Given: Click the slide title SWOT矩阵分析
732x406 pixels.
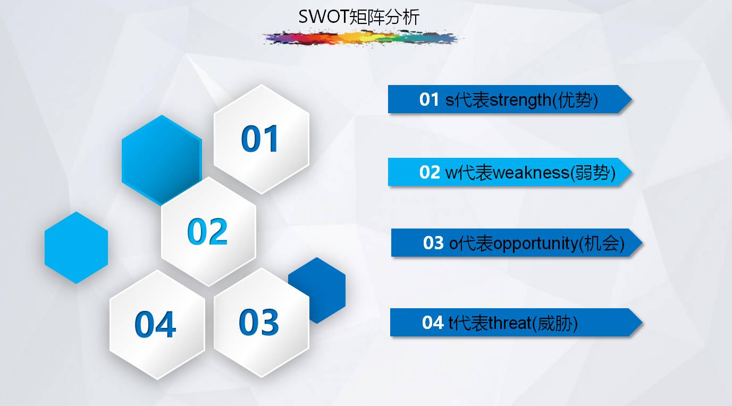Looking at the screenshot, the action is coord(359,17).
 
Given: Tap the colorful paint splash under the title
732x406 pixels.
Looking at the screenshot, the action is coord(362,38).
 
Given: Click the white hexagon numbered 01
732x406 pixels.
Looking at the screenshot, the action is coord(262,139).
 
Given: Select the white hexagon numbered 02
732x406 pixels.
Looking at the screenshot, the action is coord(208,232).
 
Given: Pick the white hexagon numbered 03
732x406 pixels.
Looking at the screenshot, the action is coord(262,323).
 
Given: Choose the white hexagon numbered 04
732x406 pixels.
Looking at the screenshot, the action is coord(157,325).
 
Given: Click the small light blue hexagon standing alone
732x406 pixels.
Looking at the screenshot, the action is coord(76,248).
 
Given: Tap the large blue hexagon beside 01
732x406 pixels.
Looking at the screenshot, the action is coord(162,160).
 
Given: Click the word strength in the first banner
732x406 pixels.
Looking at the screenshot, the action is coord(520,100).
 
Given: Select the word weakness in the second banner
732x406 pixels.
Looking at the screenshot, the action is coord(531,173).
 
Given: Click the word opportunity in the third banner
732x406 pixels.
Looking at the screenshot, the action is coord(535,244).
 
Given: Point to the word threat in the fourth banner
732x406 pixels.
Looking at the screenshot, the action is coord(510,323).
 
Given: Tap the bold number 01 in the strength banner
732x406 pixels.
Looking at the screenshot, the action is coord(429,99).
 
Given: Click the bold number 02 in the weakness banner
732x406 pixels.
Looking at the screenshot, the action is coord(430,172).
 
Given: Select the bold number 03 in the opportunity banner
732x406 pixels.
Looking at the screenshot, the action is coord(433,243).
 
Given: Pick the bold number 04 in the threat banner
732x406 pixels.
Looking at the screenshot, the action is coord(433,323).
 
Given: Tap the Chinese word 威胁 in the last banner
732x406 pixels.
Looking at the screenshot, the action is coord(554,323).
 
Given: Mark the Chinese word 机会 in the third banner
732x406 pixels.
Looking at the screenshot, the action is coord(602,244).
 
